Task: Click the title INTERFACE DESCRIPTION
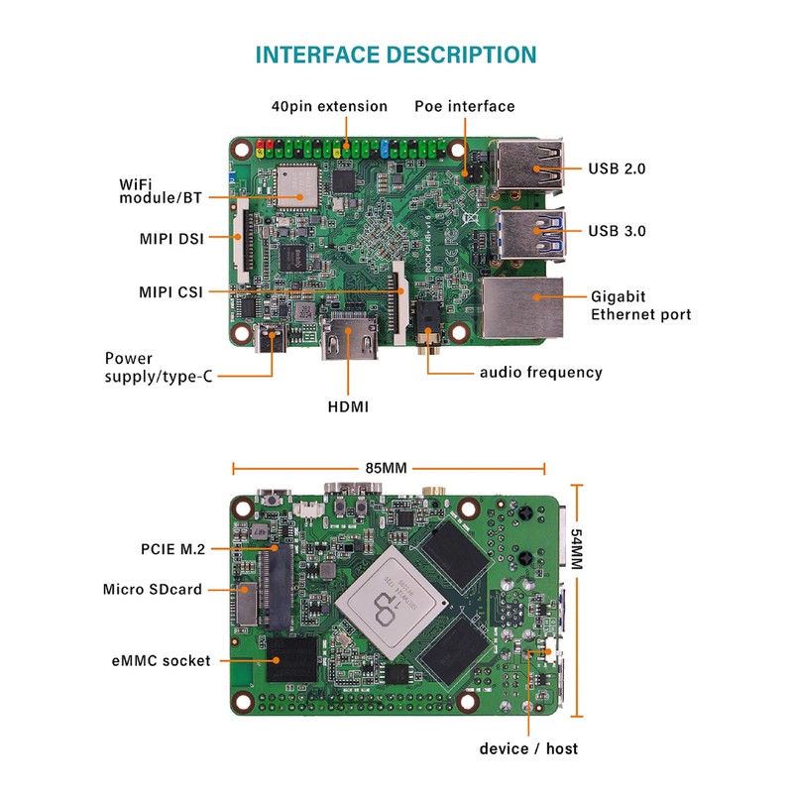(x=396, y=55)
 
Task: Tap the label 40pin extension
(x=330, y=106)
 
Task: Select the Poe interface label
(x=464, y=106)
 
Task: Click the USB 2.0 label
(x=617, y=169)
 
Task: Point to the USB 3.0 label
(x=617, y=231)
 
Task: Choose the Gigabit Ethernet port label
(x=640, y=304)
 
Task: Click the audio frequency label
(x=540, y=372)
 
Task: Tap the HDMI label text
(x=348, y=405)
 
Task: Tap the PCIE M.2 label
(x=173, y=548)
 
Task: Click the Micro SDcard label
(x=153, y=589)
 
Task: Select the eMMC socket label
(x=161, y=660)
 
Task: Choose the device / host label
(x=528, y=747)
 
